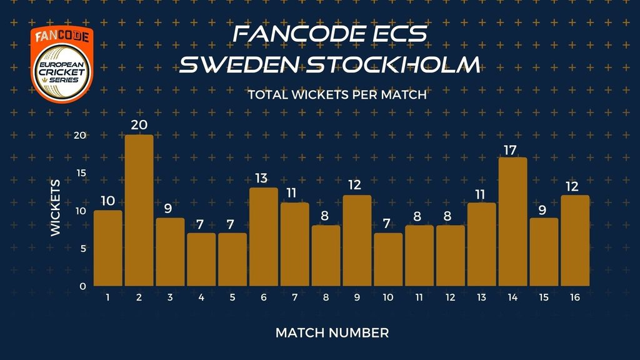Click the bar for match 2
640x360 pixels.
pos(139,210)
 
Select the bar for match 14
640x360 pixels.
pos(513,222)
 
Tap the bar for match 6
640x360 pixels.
pos(264,237)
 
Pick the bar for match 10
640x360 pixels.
pos(388,259)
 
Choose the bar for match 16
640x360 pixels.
pos(575,241)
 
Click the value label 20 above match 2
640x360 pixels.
pos(139,125)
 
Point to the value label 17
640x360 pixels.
pos(510,151)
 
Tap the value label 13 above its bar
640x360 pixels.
pos(261,178)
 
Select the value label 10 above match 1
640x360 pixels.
pos(107,201)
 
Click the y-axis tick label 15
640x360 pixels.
pos(82,173)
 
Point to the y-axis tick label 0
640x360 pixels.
pos(83,286)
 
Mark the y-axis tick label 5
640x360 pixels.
pos(83,249)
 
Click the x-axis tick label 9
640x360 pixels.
pos(357,297)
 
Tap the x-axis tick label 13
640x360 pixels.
pos(482,297)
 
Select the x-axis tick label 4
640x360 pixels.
pos(201,297)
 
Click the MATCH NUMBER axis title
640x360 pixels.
pos(332,333)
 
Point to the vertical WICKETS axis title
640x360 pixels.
pos(56,207)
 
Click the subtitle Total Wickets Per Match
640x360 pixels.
pos(337,95)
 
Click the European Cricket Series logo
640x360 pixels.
pos(62,64)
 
